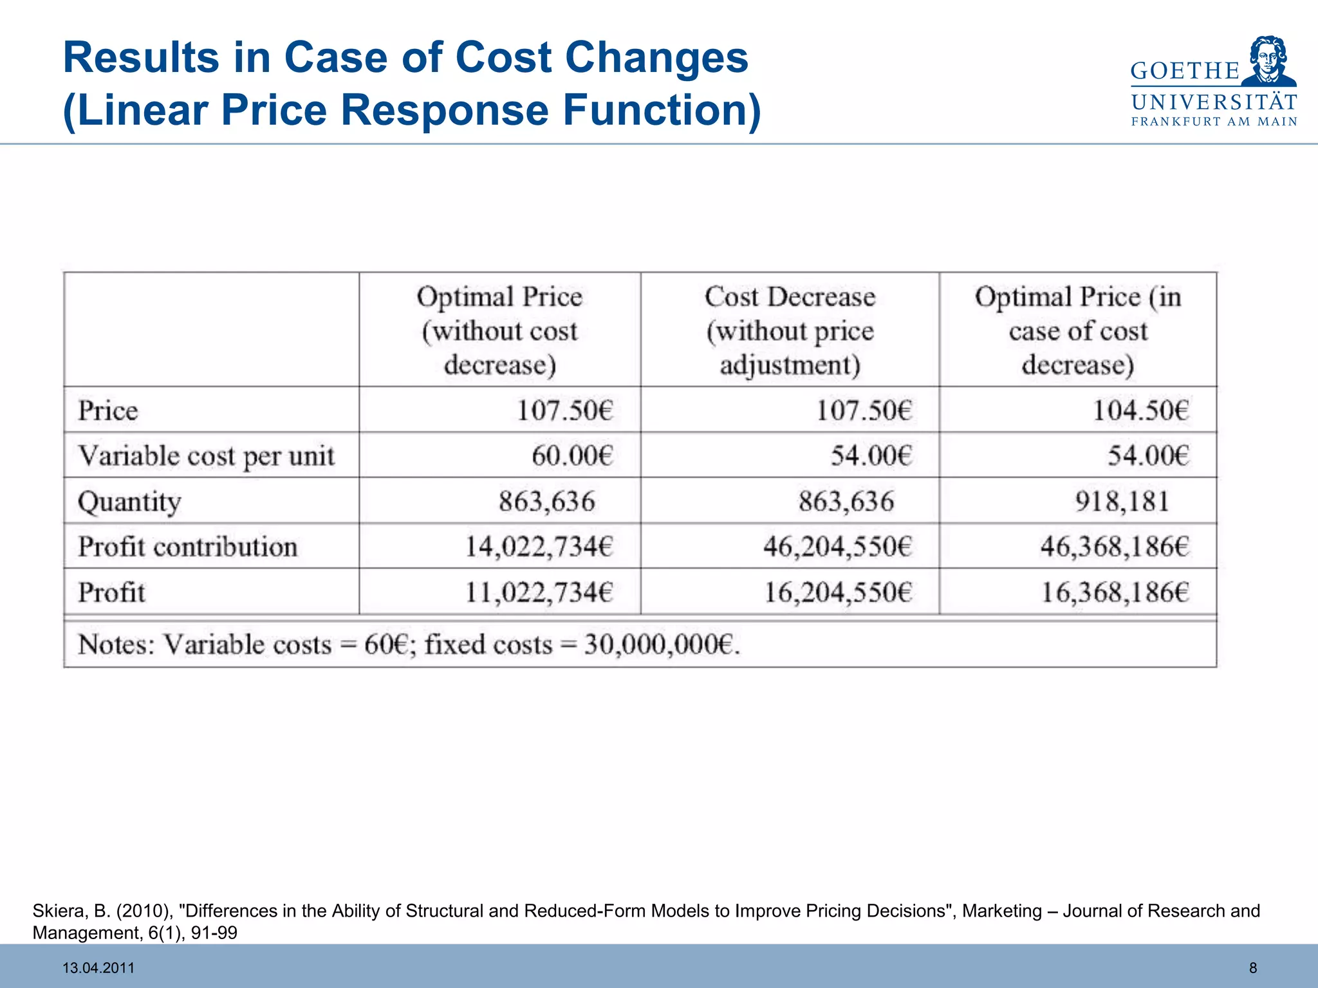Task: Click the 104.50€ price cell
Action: coord(1140,410)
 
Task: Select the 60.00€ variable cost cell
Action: coord(571,456)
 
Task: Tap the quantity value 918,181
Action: coord(1122,501)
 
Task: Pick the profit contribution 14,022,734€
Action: coord(539,547)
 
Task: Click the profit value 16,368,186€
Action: coord(1115,592)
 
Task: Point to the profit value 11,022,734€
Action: coord(539,592)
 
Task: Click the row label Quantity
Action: coord(129,502)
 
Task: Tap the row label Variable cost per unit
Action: coord(206,456)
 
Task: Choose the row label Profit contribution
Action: coord(187,547)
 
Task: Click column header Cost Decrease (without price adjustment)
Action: coord(790,331)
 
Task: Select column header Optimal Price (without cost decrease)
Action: coord(499,331)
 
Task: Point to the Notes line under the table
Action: coord(409,645)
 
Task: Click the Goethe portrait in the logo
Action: coord(1268,61)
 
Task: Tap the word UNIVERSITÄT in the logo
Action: coord(1214,102)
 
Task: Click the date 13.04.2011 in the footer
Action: coord(98,968)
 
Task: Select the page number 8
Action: coord(1252,968)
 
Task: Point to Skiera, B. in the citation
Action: coord(71,911)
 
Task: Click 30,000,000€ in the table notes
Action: coord(662,645)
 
